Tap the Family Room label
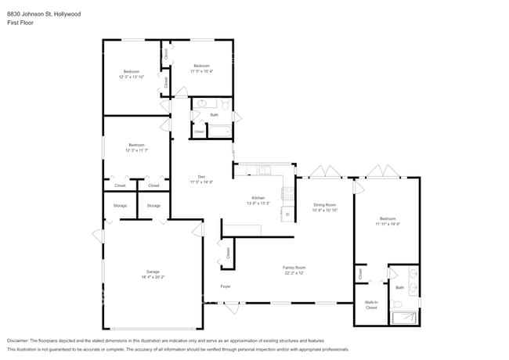coord(294,268)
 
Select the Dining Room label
coord(324,205)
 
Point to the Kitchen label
coord(258,198)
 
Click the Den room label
coord(201,176)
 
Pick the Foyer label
coord(225,286)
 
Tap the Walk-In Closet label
coord(371,305)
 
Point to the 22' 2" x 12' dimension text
coord(294,273)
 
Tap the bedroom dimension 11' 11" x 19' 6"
coord(388,224)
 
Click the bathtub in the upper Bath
coord(219,131)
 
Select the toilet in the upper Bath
coord(226,103)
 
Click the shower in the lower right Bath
coord(404,317)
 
